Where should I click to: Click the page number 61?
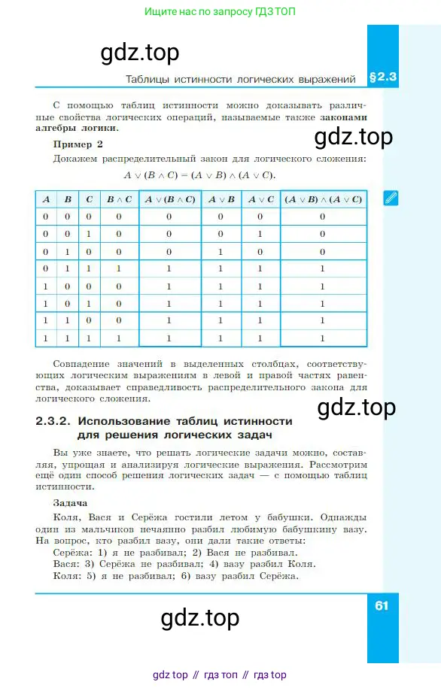[381, 605]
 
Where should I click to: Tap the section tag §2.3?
[382, 77]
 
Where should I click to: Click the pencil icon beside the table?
[390, 199]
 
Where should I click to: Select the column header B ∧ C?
[118, 199]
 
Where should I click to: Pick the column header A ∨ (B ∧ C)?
[169, 199]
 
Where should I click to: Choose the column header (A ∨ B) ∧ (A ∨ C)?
[322, 199]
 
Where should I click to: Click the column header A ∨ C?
[260, 199]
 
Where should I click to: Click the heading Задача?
[71, 502]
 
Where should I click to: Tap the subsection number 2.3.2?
[53, 421]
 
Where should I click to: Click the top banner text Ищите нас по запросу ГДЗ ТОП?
[220, 13]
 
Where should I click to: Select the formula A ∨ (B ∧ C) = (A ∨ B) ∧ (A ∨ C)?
[199, 175]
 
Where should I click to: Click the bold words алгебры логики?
[86, 128]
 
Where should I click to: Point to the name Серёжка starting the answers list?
[72, 551]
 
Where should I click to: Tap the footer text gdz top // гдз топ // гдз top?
[219, 674]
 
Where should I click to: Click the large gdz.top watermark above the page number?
[200, 618]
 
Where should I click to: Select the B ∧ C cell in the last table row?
[118, 338]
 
